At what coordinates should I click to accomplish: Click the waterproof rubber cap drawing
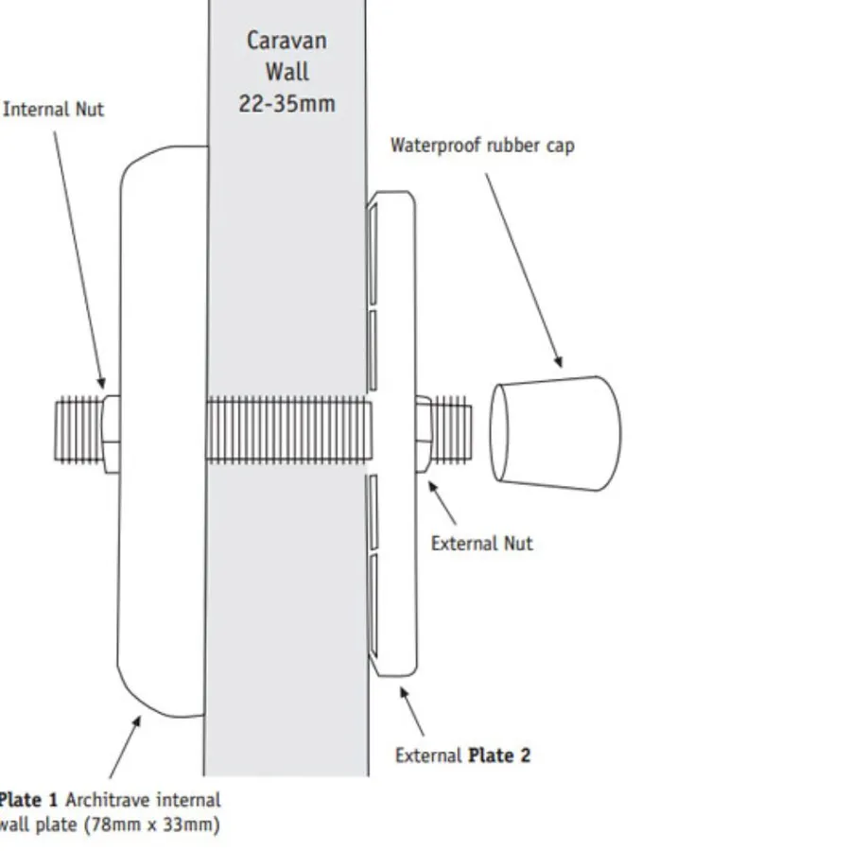[555, 433]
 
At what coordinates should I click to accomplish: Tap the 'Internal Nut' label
[54, 110]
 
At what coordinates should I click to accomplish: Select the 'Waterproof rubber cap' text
[482, 146]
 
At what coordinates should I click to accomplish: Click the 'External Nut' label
[481, 544]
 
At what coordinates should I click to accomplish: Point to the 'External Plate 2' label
[462, 755]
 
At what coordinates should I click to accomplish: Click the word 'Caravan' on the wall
[287, 41]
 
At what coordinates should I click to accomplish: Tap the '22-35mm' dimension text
[287, 103]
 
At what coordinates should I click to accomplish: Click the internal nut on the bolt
[110, 433]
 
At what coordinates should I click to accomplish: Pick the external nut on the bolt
[423, 433]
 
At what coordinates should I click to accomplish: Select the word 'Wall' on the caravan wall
[287, 72]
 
